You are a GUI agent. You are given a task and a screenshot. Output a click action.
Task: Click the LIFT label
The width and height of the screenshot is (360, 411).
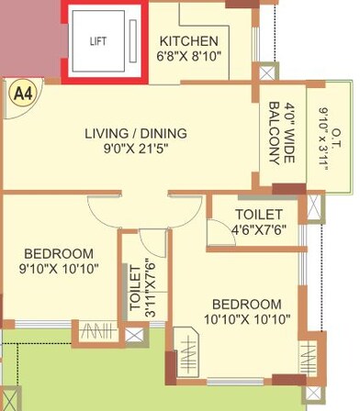tap(98, 42)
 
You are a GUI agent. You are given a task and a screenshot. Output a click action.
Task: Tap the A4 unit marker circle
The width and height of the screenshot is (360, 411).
tap(19, 93)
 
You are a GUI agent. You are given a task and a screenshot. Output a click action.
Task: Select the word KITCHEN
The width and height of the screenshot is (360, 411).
tap(189, 41)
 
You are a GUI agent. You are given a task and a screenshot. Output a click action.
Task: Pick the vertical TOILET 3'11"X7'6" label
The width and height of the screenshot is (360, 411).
tap(140, 287)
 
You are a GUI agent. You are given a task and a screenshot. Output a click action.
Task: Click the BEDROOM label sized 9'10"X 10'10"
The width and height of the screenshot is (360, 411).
tap(59, 252)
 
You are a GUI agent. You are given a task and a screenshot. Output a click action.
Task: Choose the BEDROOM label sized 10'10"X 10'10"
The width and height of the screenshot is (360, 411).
tap(247, 304)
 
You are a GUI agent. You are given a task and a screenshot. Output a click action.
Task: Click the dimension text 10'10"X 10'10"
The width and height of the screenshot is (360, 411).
tap(247, 319)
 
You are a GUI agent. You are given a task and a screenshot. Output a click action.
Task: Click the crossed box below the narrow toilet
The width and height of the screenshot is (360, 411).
tap(135, 334)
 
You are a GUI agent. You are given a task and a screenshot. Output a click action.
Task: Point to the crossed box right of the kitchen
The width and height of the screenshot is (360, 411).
tap(267, 72)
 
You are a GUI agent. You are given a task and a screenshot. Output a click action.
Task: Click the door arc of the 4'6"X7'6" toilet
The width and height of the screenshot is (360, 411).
tap(216, 236)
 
